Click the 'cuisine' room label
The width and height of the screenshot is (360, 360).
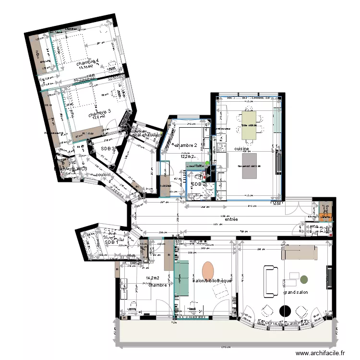(x=241, y=149)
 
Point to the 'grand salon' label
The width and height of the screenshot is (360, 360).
(x=295, y=292)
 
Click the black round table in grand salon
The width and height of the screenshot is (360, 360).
(x=286, y=311)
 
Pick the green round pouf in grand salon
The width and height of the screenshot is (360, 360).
(x=304, y=279)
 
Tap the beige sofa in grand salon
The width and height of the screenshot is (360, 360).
(x=299, y=252)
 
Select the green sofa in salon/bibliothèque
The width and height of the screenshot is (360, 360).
(x=182, y=279)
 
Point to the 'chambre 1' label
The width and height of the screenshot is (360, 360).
(x=158, y=285)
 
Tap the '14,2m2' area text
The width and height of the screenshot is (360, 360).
(x=152, y=278)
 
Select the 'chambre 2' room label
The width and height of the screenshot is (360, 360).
(x=186, y=145)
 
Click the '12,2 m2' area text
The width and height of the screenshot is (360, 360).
(x=187, y=156)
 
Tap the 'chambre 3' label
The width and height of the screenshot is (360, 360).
(x=99, y=112)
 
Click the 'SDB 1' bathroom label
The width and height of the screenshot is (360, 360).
(x=111, y=243)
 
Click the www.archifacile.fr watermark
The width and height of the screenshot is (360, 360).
(x=321, y=353)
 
